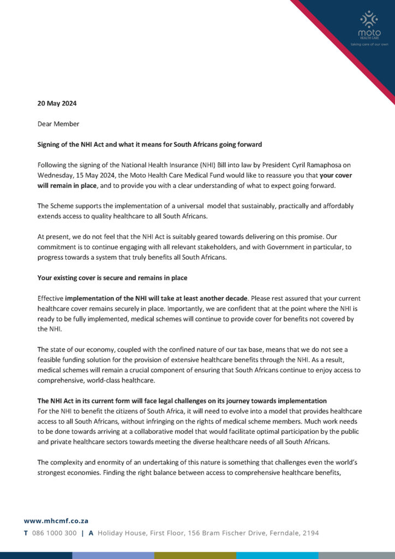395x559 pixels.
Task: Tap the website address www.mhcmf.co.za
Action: [x=56, y=521]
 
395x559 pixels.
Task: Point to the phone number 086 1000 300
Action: [x=55, y=533]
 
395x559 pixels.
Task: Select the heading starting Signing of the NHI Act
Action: [x=149, y=145]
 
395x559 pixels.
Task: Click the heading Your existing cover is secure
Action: [x=112, y=278]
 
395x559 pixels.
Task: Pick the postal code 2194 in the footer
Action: [x=310, y=533]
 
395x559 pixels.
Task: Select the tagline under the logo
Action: [x=369, y=44]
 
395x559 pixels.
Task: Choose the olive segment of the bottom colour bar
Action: [x=195, y=555]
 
